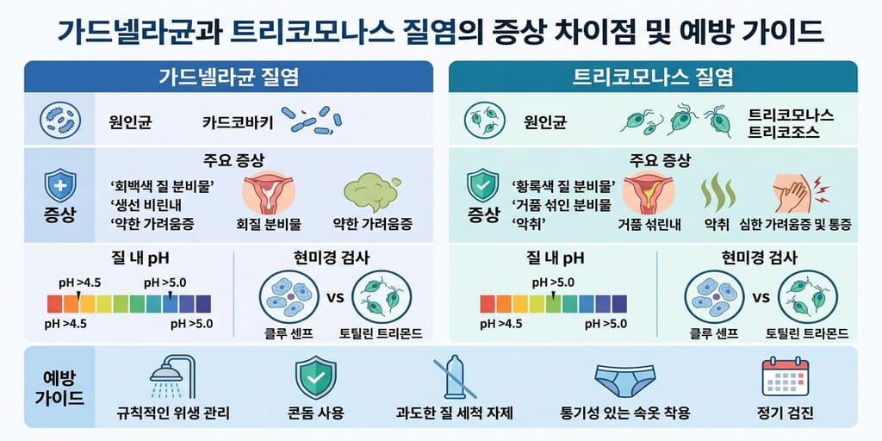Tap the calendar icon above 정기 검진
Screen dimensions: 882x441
785,378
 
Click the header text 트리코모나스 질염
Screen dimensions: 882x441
653,77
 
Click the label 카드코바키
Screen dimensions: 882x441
238,122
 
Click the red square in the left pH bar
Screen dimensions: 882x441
54,304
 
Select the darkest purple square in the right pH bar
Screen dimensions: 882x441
618,304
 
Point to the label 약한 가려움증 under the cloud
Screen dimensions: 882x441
372,225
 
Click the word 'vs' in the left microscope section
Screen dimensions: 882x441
336,296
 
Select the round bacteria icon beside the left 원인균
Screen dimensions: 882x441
60,121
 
